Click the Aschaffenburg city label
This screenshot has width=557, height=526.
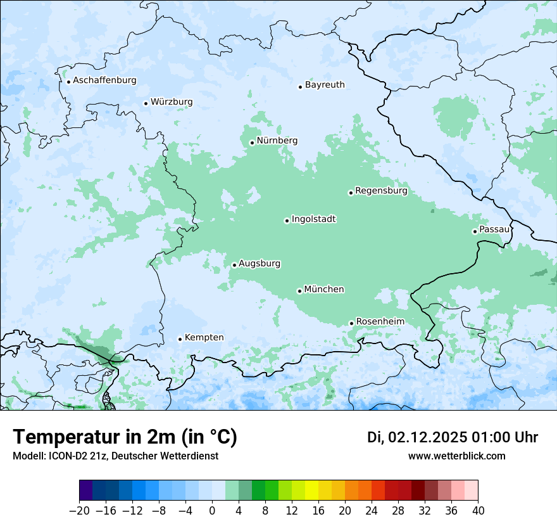tap(104, 80)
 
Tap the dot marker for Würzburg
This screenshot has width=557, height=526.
tap(146, 103)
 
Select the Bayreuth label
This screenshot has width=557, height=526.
tap(325, 84)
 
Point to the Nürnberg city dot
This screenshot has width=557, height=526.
tap(252, 143)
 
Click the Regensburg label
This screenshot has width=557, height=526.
tap(381, 190)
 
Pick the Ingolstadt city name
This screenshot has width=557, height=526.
tap(313, 219)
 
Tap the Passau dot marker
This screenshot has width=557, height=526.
tap(475, 231)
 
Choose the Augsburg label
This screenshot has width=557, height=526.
tap(260, 264)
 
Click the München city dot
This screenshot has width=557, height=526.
tap(299, 291)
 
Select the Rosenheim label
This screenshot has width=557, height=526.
tap(380, 321)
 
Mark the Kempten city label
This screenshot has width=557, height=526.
tap(204, 337)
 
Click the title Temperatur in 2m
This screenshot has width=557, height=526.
tap(125, 437)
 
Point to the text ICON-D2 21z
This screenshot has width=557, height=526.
tap(80, 456)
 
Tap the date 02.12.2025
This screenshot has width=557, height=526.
tap(428, 437)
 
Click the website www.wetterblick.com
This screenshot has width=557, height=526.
tap(456, 456)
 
